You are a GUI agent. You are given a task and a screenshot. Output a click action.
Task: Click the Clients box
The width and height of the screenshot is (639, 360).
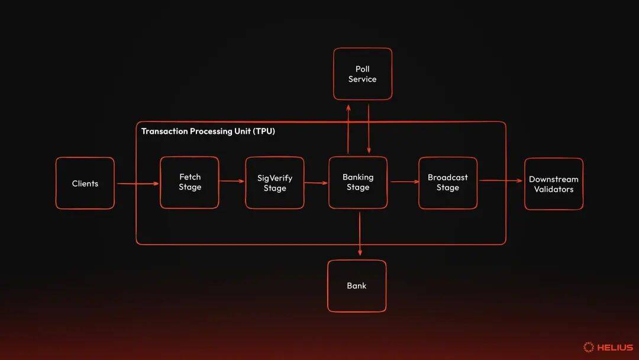[85, 184]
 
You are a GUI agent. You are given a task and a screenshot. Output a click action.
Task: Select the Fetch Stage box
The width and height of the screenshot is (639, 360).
[190, 182]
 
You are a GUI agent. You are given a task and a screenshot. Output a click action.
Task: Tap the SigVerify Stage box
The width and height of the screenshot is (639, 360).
[275, 183]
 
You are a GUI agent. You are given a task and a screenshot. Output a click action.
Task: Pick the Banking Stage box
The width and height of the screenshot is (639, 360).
[358, 182]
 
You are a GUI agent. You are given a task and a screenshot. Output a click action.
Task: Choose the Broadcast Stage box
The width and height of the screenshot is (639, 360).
[448, 182]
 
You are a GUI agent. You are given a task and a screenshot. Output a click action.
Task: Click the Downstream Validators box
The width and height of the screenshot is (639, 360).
[554, 184]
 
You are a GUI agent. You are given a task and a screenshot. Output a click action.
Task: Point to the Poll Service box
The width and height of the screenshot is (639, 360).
[362, 74]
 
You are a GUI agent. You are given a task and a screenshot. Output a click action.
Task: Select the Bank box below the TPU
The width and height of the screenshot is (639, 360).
[357, 286]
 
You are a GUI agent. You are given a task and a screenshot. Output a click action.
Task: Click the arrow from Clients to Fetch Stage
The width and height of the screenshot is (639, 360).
[137, 184]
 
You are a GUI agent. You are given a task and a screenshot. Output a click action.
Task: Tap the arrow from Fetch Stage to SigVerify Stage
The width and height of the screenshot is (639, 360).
[232, 181]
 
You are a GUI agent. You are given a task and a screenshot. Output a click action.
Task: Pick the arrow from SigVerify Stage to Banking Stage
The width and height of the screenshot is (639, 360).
[317, 183]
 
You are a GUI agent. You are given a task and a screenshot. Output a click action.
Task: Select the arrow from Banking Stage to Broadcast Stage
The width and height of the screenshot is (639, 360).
[403, 182]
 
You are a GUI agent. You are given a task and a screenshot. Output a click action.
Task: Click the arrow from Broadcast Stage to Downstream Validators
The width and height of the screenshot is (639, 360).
[501, 181]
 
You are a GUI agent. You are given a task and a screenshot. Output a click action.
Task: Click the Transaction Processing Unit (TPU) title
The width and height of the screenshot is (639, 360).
[208, 131]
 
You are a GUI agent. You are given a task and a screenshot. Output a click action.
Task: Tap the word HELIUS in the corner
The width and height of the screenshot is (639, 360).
[615, 348]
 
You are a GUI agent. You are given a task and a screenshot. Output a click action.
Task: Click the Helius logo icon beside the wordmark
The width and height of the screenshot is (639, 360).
[588, 348]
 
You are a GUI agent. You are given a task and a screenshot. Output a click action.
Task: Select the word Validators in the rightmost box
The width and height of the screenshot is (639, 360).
[554, 189]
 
